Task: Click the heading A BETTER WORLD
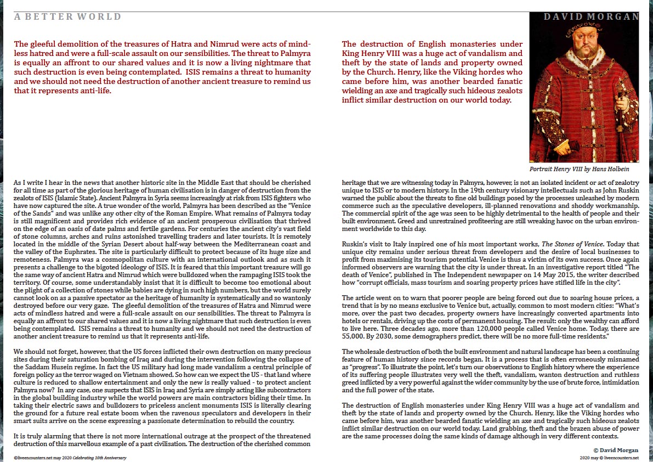pyautogui.click(x=67, y=17)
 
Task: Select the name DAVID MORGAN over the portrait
pyautogui.click(x=591, y=17)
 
